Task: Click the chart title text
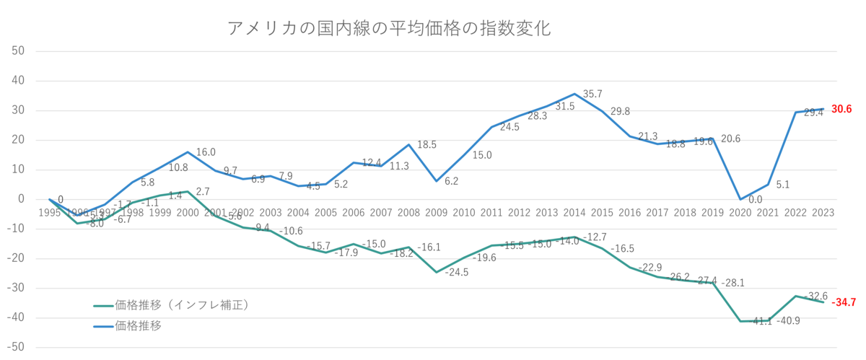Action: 389,30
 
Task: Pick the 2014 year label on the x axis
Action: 574,212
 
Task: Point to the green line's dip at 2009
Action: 437,272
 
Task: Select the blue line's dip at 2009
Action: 437,181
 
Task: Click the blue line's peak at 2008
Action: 409,144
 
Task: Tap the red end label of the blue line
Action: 842,109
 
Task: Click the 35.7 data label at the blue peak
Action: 592,93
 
